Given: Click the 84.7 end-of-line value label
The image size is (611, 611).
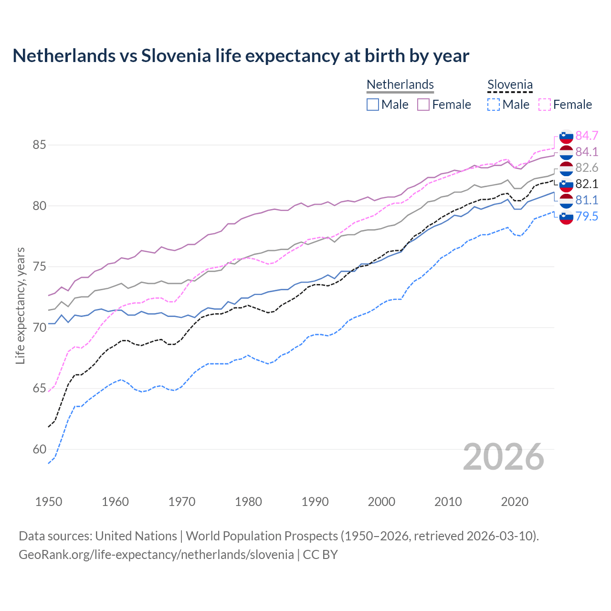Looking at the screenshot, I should pos(587,136).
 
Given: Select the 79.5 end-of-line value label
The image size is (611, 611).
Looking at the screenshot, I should pos(587,217).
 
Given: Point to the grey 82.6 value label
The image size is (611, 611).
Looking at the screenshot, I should pos(587,168).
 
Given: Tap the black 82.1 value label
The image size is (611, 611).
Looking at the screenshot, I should pos(587,184).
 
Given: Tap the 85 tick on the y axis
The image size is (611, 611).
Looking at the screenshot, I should pos(39,145).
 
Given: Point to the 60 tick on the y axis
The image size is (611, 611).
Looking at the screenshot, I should pos(39,450).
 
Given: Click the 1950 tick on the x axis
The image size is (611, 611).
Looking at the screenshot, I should pos(49,502).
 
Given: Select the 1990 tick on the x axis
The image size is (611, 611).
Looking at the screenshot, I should pos(315,502).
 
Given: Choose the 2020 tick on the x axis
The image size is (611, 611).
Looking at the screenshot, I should pos(515,502).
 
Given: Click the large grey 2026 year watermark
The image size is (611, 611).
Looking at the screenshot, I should pos(504,457).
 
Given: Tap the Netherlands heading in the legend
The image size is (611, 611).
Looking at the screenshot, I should pos(400,84).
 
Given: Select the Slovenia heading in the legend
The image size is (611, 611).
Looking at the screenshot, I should pos(510,85).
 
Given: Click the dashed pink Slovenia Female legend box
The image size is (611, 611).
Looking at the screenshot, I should pos(544,105).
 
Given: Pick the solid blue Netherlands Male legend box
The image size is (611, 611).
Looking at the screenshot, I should pos(373,105).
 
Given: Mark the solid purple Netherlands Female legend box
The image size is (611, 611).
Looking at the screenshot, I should pos(423,105).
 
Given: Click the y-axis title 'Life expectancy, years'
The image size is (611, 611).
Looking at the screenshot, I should pos(21,305).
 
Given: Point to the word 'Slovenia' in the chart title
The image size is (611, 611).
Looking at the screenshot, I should pos(176,56).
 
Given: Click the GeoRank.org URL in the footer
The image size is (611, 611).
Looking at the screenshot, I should pos(156,555).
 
